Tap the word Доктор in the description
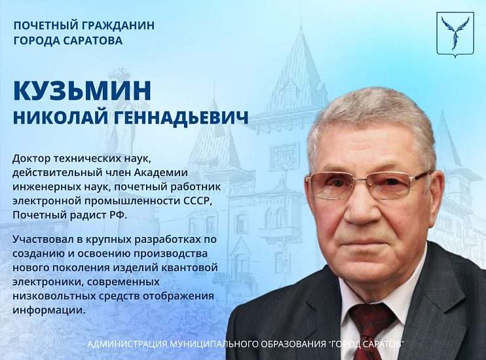[x=31, y=158]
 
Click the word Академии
[x=162, y=172]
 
